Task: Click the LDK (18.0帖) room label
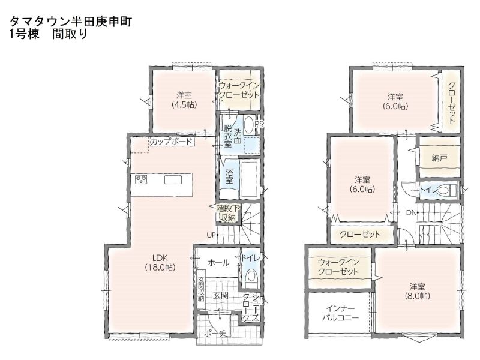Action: coord(160,263)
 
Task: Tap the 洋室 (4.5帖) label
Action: coord(184,100)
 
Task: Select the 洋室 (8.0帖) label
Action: coord(417,291)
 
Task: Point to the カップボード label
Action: coord(172,142)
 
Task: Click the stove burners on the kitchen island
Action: coord(142,179)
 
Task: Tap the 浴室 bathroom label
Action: coord(229,175)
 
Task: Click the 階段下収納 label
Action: coord(227,213)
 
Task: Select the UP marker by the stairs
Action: coord(211,235)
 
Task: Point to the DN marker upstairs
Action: coord(411,212)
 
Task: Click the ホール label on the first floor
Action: coord(218,263)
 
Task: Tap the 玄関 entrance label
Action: coord(221,296)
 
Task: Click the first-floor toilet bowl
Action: coord(252,276)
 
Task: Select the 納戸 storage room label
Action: coord(439,158)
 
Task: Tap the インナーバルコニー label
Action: coord(340,313)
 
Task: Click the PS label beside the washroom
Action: coord(259,125)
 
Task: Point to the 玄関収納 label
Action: coord(201,289)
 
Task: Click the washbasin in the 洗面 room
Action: coord(248,125)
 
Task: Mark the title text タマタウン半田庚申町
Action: coord(71,22)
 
